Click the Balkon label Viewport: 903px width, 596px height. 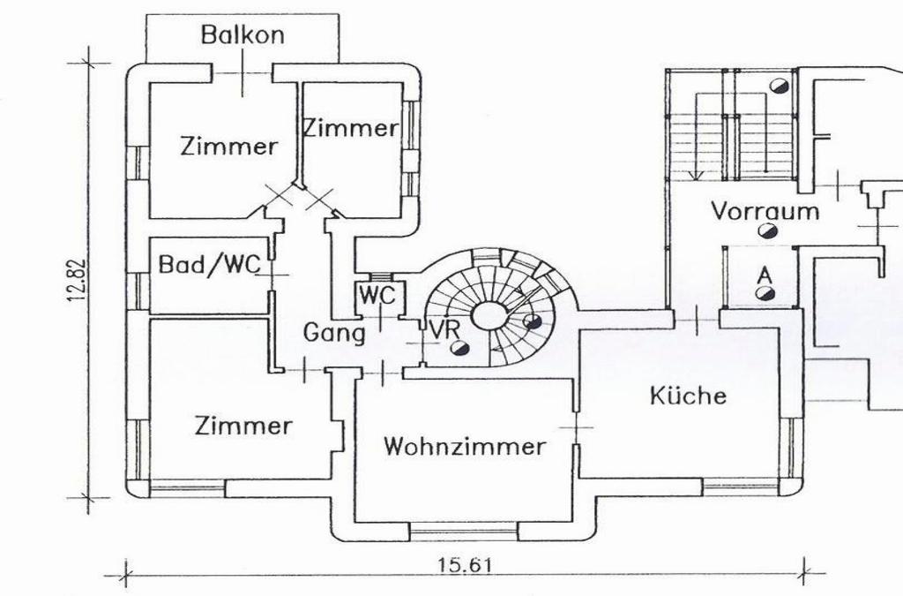pos(243,35)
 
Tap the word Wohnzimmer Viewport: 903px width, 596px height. pos(464,446)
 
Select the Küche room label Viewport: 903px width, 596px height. pos(689,395)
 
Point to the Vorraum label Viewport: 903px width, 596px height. pos(765,211)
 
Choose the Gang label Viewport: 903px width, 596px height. pos(334,333)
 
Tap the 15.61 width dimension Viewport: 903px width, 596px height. pos(464,565)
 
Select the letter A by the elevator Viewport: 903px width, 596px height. pos(765,274)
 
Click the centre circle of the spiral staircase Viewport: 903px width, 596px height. pos(487,315)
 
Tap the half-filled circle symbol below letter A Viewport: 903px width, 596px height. pos(765,293)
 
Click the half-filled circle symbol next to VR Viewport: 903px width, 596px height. pos(459,348)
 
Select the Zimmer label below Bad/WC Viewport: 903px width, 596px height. pos(243,426)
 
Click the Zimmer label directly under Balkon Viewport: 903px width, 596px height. pos(228,146)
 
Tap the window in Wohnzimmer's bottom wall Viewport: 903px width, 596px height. pos(463,532)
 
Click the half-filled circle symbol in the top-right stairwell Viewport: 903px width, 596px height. pos(778,86)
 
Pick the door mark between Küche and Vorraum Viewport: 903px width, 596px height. pos(697,319)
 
